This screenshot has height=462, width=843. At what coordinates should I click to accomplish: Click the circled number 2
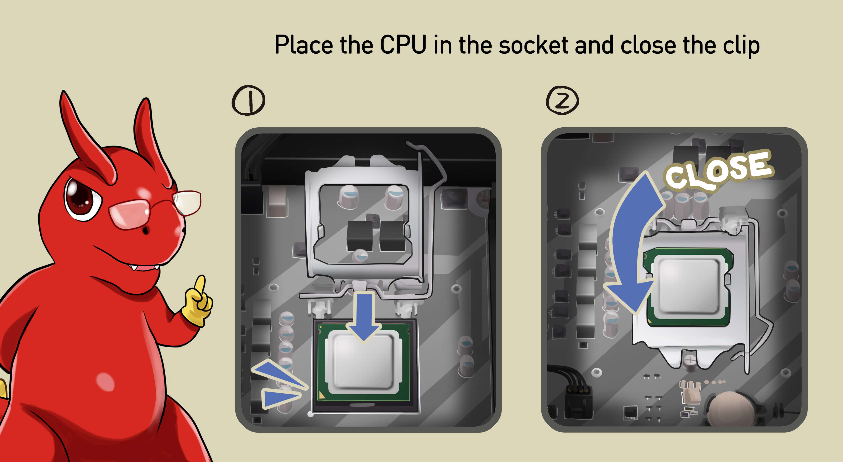562,100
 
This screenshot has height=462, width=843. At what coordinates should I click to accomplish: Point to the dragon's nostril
145,230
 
